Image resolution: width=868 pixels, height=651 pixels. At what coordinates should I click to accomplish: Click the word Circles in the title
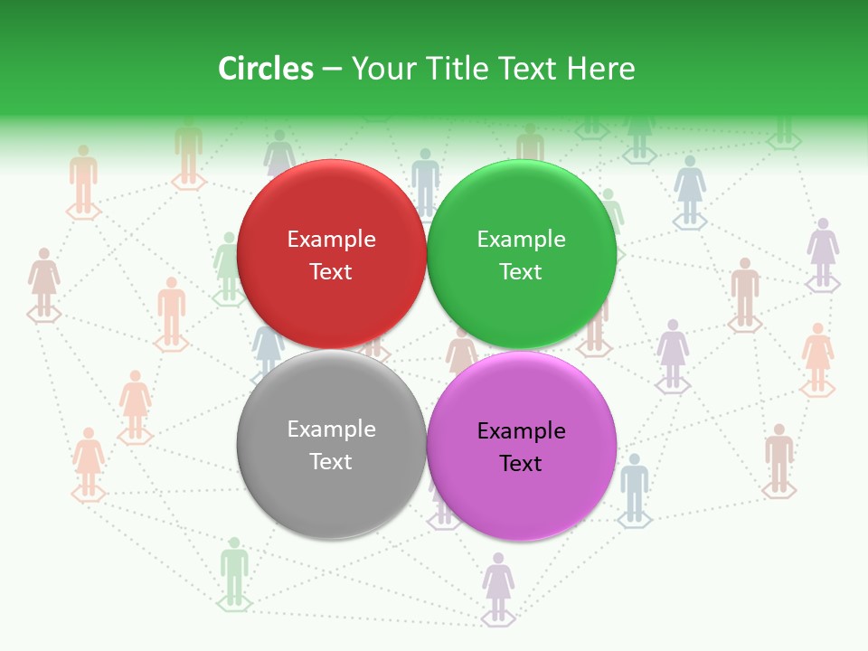[x=266, y=69]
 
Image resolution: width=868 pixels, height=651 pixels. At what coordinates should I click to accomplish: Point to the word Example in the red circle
[x=331, y=240]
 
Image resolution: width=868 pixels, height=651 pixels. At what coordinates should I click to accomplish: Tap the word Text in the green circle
[x=521, y=272]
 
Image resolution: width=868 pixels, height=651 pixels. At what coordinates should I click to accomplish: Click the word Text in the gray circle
[x=331, y=462]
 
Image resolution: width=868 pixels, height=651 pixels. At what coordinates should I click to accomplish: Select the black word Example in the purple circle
[x=522, y=431]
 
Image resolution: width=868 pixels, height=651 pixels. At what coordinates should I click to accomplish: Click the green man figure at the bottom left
[x=234, y=568]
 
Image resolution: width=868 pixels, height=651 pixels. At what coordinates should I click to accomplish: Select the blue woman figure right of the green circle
[x=690, y=187]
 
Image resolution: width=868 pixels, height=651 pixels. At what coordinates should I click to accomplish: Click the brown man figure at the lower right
[x=778, y=455]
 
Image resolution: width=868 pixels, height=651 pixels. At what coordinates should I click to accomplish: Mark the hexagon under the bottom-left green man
[x=234, y=603]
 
